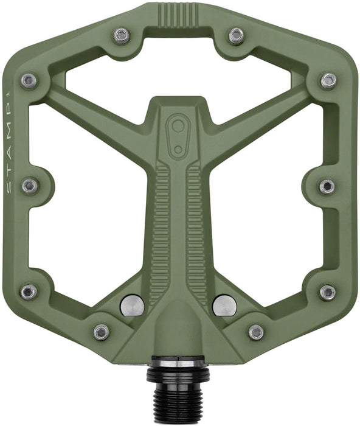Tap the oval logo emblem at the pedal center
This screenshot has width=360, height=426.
(x=178, y=131)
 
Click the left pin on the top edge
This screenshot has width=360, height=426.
(x=122, y=36)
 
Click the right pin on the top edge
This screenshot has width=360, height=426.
(x=237, y=36)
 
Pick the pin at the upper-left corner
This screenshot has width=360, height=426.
(x=29, y=80)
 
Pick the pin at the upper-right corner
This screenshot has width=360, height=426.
(x=328, y=80)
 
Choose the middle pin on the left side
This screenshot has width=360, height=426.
(x=29, y=186)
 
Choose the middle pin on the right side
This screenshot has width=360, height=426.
(x=327, y=186)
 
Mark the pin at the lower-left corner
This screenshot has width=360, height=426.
(x=29, y=292)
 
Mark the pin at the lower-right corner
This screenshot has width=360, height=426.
(x=327, y=292)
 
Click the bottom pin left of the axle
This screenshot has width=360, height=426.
(x=102, y=332)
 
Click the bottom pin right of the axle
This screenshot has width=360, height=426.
(x=256, y=332)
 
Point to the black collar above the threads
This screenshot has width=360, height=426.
(x=178, y=363)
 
